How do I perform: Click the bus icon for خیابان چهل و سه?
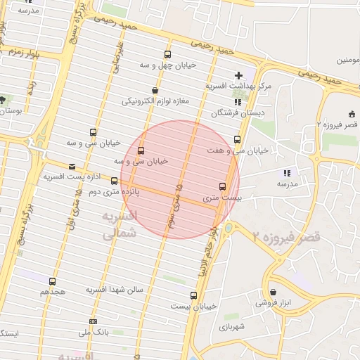click(167, 54)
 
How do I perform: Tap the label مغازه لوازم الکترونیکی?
click(156, 101)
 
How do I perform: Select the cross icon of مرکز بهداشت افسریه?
click(238, 75)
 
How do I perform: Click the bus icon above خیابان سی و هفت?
click(237, 139)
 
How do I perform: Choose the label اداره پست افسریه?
click(70, 176)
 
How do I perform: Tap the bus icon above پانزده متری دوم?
click(115, 181)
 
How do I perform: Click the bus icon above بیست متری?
click(223, 186)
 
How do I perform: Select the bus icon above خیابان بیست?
click(193, 295)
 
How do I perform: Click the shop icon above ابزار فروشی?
click(273, 292)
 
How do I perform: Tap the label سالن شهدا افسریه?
click(115, 289)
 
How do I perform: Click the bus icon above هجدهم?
click(52, 281)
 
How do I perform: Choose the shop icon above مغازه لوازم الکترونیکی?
click(155, 90)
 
